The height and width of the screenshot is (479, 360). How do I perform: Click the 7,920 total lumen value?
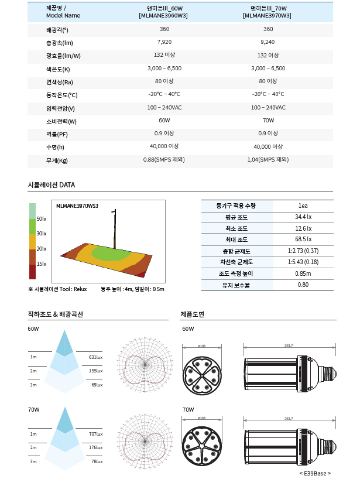pyautogui.click(x=164, y=42)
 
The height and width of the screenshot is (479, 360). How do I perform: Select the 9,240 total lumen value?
pyautogui.click(x=268, y=42)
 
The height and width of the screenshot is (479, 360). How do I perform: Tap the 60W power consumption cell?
pyautogui.click(x=164, y=121)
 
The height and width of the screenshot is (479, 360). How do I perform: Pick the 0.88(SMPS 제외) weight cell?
pyautogui.click(x=164, y=160)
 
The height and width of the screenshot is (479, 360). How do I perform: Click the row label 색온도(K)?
pyautogui.click(x=58, y=69)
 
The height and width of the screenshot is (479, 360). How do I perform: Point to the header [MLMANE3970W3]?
pyautogui.click(x=268, y=16)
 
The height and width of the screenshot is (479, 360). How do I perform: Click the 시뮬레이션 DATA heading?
pyautogui.click(x=52, y=185)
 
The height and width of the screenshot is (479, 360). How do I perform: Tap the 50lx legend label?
pyautogui.click(x=41, y=218)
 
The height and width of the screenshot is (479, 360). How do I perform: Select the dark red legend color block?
pyautogui.click(x=33, y=272)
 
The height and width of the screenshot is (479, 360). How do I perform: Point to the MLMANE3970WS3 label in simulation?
pyautogui.click(x=77, y=206)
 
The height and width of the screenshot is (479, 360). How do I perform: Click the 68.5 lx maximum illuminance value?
pyautogui.click(x=303, y=239)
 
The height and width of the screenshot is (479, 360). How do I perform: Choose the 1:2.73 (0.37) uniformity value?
pyautogui.click(x=303, y=251)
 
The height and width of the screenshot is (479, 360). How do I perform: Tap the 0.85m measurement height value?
pyautogui.click(x=303, y=273)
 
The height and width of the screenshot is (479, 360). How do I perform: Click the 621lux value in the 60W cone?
pyautogui.click(x=95, y=357)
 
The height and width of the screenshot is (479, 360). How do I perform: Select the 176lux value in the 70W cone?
pyautogui.click(x=95, y=447)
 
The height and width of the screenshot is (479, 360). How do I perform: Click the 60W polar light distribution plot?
pyautogui.click(x=145, y=364)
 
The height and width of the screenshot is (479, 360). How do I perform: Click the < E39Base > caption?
pyautogui.click(x=315, y=473)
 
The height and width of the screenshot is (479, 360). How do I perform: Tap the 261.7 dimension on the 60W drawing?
pyautogui.click(x=289, y=345)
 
